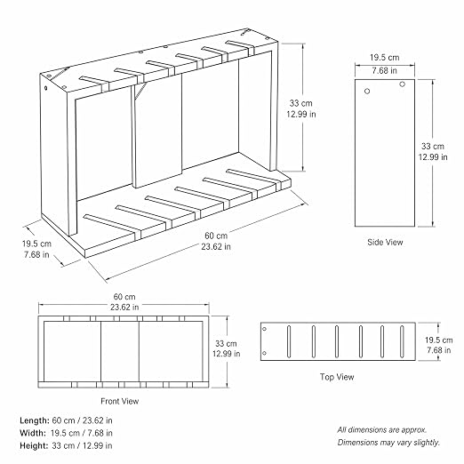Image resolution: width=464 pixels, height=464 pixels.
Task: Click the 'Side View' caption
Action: pyautogui.click(x=385, y=242)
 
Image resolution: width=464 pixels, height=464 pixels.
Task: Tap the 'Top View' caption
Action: pyautogui.click(x=337, y=377)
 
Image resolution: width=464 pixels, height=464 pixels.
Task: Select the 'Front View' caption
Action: pyautogui.click(x=120, y=401)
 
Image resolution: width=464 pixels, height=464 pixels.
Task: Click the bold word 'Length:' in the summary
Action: pyautogui.click(x=35, y=420)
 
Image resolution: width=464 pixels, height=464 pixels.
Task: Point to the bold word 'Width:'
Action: pyautogui.click(x=33, y=433)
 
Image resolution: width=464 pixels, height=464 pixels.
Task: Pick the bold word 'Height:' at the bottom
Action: pyautogui.click(x=34, y=445)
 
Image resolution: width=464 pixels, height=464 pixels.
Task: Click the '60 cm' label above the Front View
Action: pyautogui.click(x=124, y=297)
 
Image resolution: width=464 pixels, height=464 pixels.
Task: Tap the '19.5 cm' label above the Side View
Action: pyautogui.click(x=385, y=58)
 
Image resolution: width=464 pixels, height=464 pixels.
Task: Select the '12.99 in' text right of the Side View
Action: pyautogui.click(x=433, y=156)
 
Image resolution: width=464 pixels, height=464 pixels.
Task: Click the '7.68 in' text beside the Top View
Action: pyautogui.click(x=439, y=350)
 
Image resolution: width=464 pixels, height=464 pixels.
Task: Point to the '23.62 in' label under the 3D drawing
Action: pyautogui.click(x=216, y=246)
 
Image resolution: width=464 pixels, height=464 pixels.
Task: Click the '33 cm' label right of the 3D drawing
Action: pyautogui.click(x=301, y=103)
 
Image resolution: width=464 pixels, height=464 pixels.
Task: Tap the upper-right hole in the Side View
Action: pyautogui.click(x=402, y=84)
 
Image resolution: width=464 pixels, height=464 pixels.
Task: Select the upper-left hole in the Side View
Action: pyautogui.click(x=367, y=92)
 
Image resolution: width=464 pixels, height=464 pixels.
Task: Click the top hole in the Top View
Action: pyautogui.click(x=265, y=329)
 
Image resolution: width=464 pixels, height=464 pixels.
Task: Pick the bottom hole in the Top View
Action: pyautogui.click(x=265, y=353)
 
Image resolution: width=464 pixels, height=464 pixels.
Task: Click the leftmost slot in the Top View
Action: pyautogui.click(x=289, y=341)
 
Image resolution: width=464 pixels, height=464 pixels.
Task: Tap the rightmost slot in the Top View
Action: pyautogui.click(x=402, y=341)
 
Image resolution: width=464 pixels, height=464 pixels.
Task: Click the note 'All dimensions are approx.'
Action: pyautogui.click(x=382, y=429)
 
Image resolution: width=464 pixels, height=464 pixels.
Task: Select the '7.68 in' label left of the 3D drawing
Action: pyautogui.click(x=36, y=254)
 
